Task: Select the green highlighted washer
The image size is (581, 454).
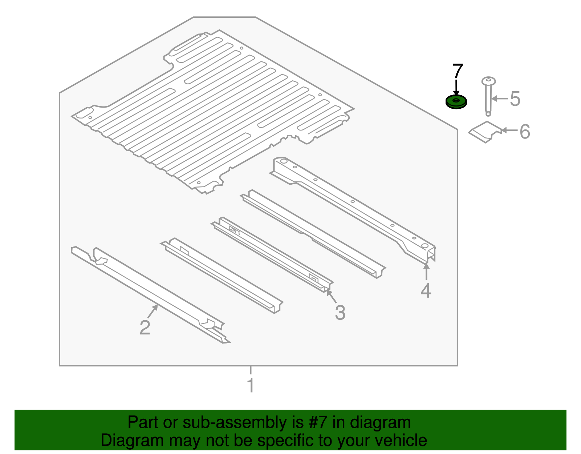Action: point(456,102)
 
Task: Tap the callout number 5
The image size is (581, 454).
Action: point(515,99)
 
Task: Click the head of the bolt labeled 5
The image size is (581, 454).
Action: point(488,81)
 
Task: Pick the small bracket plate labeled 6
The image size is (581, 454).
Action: point(485,132)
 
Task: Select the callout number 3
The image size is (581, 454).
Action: point(340,312)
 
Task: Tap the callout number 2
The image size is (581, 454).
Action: point(145,327)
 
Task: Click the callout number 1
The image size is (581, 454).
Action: point(251,385)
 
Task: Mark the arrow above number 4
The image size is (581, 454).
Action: point(426,272)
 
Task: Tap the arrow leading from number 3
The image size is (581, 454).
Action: point(332,297)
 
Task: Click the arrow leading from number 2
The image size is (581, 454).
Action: point(153,311)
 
